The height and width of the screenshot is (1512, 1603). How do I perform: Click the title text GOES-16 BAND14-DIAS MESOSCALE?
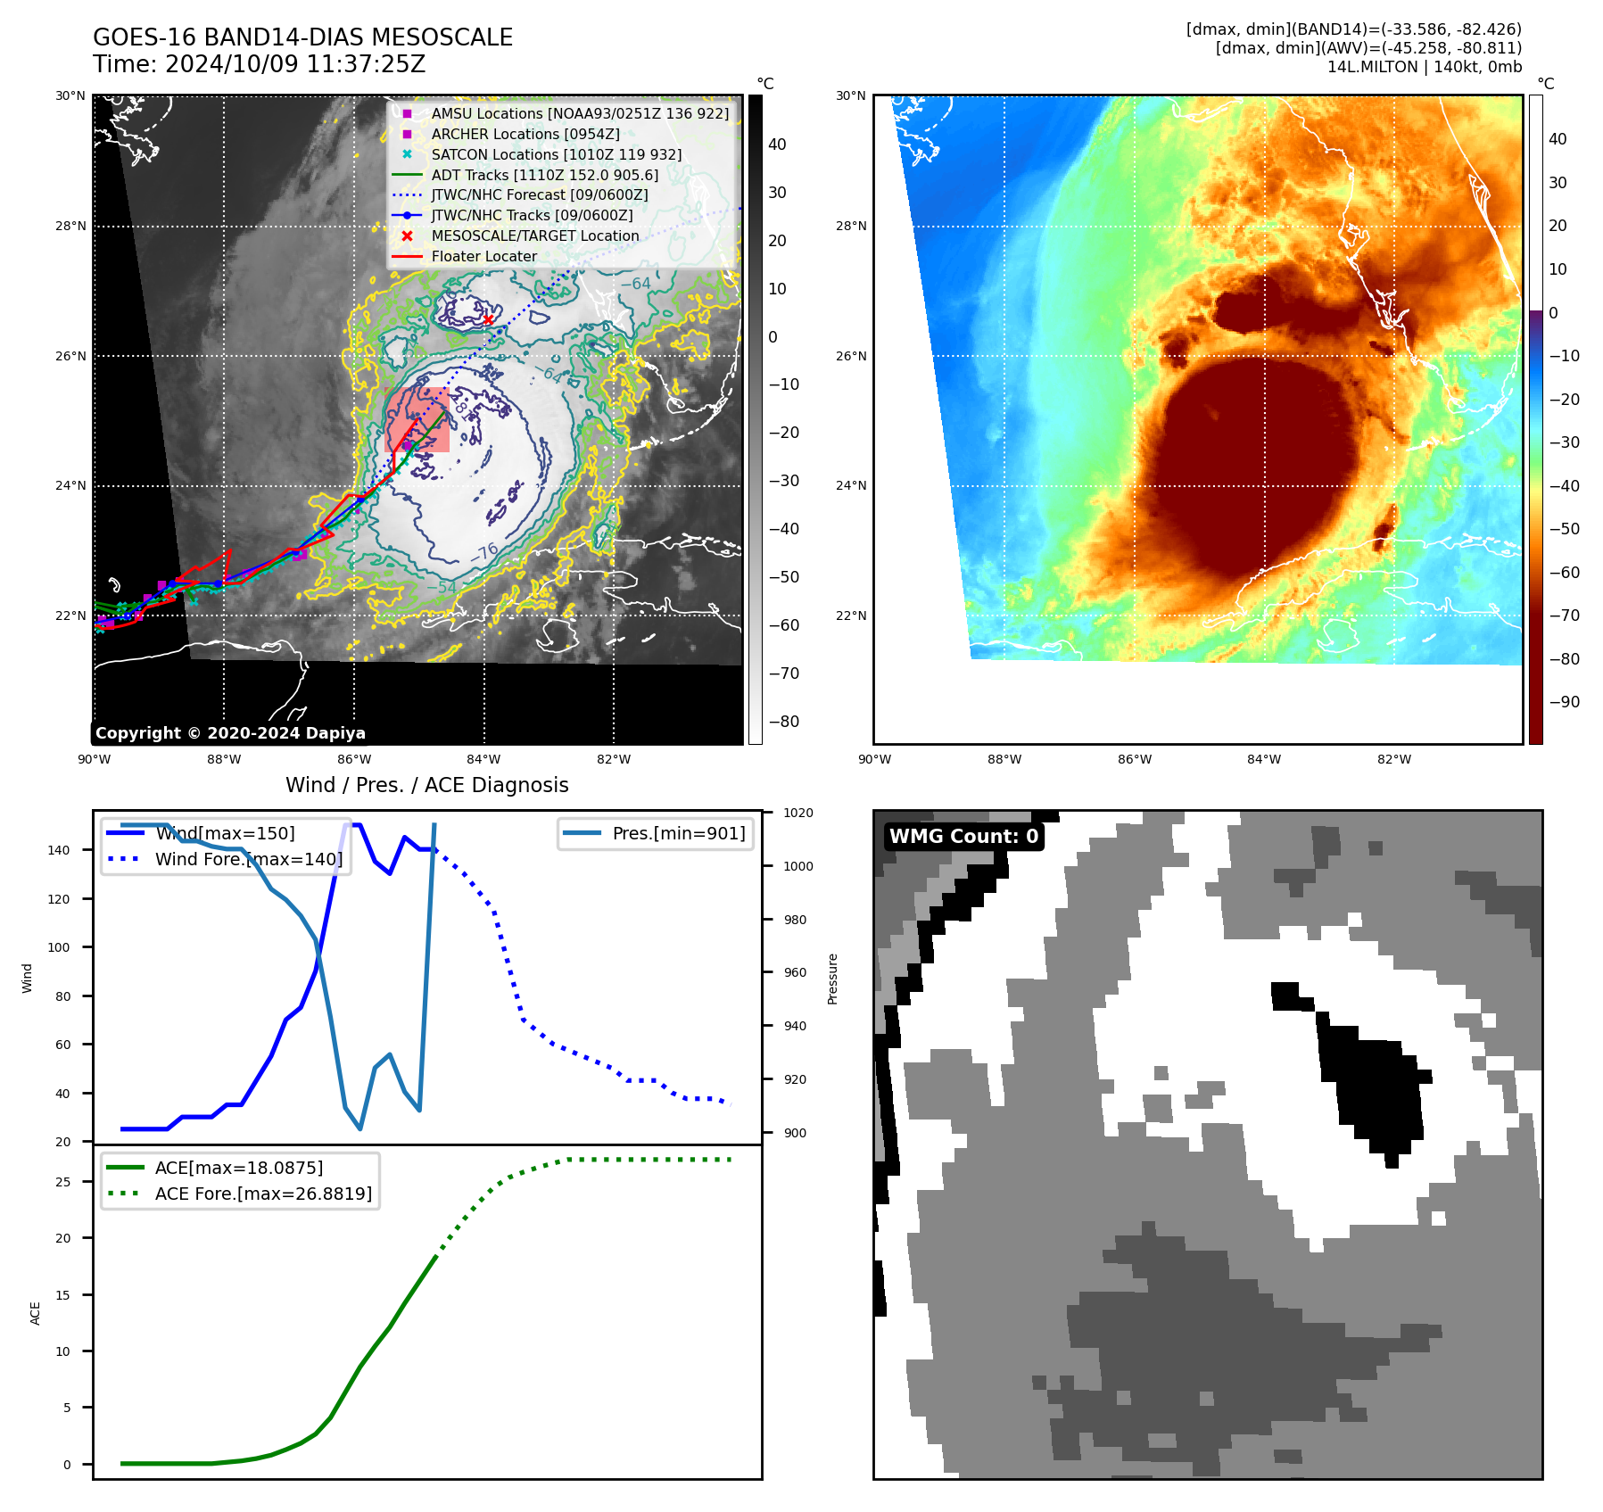[x=302, y=37]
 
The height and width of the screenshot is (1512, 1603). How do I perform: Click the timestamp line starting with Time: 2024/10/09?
[x=259, y=64]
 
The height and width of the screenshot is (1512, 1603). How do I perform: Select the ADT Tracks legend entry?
[x=544, y=175]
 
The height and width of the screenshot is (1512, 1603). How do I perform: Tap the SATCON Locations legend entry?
[x=556, y=154]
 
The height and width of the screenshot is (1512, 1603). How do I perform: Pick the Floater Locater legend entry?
[x=483, y=256]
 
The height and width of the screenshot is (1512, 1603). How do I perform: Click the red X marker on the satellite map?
[x=488, y=320]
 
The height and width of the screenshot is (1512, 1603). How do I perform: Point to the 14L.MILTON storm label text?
[x=1424, y=67]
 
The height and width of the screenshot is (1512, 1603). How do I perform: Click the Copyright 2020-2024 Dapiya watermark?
[x=230, y=733]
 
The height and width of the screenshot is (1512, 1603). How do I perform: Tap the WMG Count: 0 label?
[x=963, y=836]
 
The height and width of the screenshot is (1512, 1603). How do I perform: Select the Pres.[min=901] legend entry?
[x=678, y=833]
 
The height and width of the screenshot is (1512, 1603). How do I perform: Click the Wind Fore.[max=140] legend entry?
[x=248, y=859]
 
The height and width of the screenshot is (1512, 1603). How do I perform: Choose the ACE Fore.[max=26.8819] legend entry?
[x=263, y=1194]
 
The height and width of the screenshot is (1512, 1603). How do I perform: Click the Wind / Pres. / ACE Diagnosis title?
[x=426, y=785]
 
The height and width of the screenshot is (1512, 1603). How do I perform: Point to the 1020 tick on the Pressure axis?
[x=797, y=813]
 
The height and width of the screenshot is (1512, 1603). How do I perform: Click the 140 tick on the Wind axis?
[x=58, y=850]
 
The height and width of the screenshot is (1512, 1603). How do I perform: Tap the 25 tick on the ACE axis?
[x=62, y=1182]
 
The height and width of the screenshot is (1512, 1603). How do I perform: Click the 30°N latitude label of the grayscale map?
[x=70, y=95]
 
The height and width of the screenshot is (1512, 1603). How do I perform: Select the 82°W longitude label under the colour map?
[x=1393, y=759]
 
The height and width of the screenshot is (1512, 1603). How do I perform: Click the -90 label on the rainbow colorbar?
[x=1564, y=702]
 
